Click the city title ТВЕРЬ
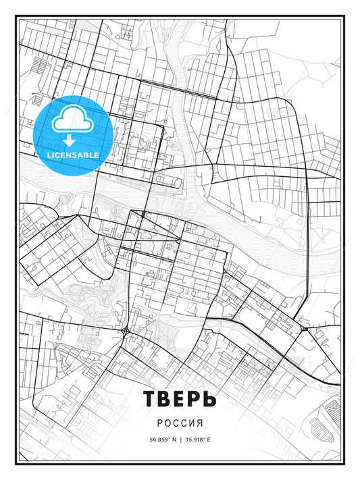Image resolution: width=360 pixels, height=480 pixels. tap(180, 399)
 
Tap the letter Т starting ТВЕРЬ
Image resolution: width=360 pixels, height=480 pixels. tap(150, 399)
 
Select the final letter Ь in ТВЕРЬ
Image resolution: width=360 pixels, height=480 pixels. tap(209, 399)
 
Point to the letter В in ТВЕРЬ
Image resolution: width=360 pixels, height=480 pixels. tap(164, 399)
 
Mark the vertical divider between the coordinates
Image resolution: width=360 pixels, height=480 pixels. tap(180, 439)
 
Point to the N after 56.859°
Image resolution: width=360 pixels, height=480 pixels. tap(174, 439)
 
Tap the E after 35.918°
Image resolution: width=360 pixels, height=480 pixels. tap(210, 439)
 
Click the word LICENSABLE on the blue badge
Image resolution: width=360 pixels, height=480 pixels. tap(73, 155)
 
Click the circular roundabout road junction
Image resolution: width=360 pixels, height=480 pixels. tap(127, 331)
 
